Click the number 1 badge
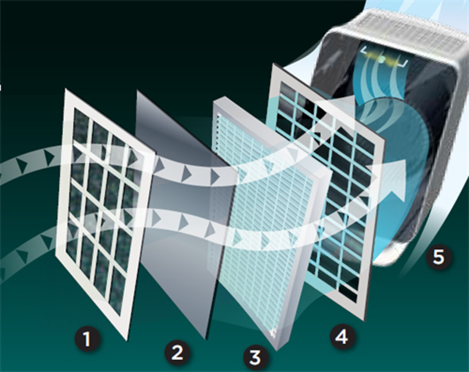tap(87, 339)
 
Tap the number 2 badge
tap(177, 353)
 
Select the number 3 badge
tap(255, 357)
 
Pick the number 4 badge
tap(342, 337)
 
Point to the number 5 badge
tap(439, 257)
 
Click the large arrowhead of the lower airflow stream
tap(395, 179)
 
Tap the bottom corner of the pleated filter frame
tap(277, 350)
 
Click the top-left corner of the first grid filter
tap(66, 88)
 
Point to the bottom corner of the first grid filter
tap(128, 340)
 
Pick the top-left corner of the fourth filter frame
tap(272, 64)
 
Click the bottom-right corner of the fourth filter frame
tap(365, 320)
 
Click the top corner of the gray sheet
tap(137, 90)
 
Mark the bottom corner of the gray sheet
tap(206, 339)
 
